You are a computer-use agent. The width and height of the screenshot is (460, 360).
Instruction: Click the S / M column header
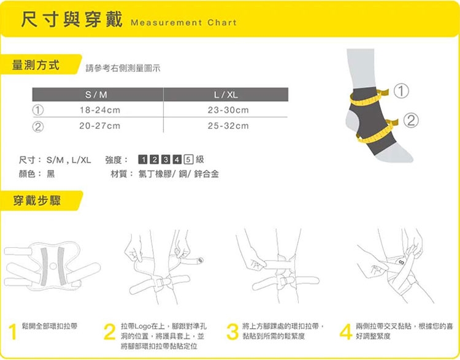click(96, 95)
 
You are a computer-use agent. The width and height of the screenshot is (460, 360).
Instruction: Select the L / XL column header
click(226, 95)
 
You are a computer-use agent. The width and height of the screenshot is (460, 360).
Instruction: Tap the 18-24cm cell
click(100, 110)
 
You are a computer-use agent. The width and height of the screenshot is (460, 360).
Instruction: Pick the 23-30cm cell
click(228, 110)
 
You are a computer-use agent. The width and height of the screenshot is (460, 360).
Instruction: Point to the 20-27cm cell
click(100, 126)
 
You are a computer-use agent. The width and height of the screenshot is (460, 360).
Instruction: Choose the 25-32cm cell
click(228, 126)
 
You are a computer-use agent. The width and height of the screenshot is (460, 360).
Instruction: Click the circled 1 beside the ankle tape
click(401, 91)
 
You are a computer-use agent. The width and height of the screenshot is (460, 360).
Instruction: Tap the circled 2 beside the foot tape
click(411, 120)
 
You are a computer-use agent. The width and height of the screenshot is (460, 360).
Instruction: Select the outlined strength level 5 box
click(189, 159)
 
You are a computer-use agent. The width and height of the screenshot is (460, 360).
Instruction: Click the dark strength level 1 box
click(143, 159)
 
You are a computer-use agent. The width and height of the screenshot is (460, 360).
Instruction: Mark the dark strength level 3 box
click(166, 159)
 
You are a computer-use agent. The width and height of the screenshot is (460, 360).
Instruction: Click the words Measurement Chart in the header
click(184, 23)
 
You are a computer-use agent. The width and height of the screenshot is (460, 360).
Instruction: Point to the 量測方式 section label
click(36, 65)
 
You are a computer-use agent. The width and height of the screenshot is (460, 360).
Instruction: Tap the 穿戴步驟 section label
click(37, 201)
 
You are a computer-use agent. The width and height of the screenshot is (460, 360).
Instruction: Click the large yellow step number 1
click(13, 332)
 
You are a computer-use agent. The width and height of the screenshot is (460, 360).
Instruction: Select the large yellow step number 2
click(109, 332)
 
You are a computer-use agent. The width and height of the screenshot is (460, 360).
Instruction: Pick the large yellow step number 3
click(232, 332)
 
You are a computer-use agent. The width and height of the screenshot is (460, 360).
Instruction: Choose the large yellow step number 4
click(346, 332)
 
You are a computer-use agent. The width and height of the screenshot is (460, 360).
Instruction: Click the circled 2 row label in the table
click(38, 127)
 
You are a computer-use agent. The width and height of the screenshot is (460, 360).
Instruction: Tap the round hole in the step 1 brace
click(53, 266)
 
